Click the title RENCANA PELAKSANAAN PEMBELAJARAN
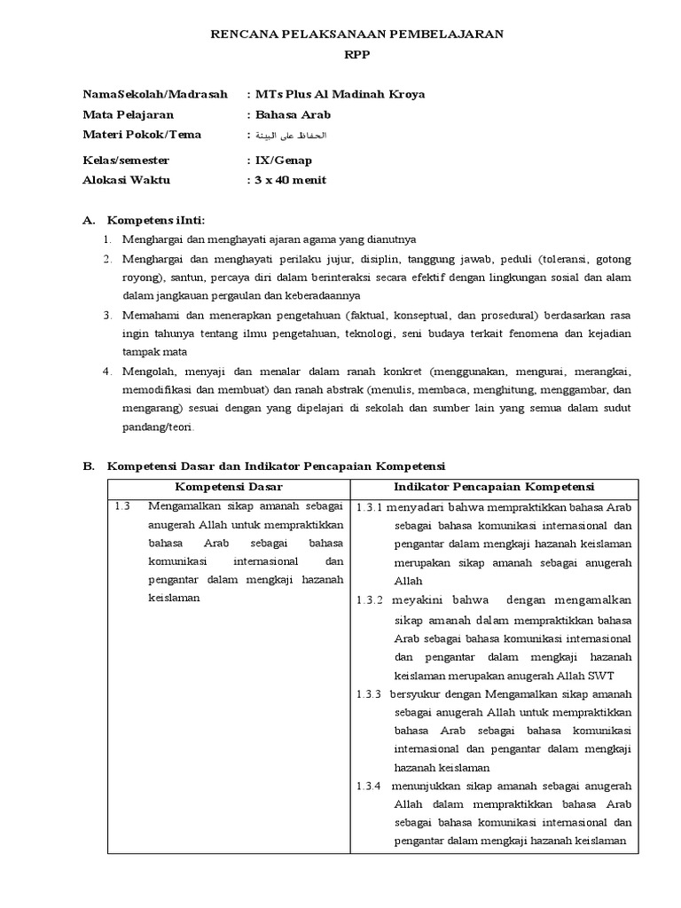pos(356,34)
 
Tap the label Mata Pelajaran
pos(128,114)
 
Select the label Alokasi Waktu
pos(126,180)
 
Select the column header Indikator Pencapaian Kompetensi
pos(494,488)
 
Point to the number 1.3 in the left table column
pos(122,507)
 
